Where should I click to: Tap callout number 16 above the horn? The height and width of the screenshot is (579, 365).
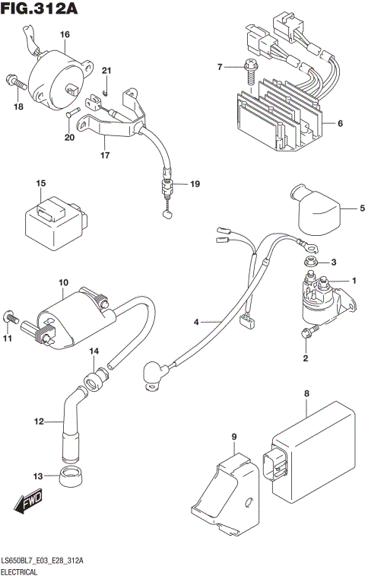[65, 35]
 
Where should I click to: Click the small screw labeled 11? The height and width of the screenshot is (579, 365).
[9, 315]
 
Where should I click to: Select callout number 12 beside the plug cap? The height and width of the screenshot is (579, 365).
[38, 421]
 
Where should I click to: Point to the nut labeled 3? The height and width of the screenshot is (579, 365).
[310, 262]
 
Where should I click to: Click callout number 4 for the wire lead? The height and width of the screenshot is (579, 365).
[195, 323]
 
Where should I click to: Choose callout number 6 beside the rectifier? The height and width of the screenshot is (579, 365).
[340, 123]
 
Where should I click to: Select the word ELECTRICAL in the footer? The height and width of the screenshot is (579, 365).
[24, 570]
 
